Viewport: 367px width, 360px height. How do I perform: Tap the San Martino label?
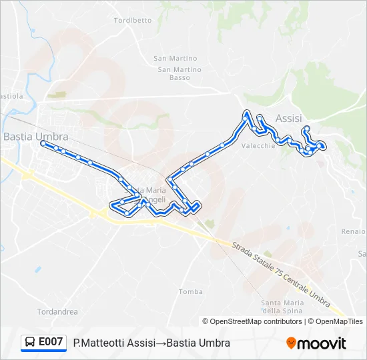pyautogui.click(x=175, y=59)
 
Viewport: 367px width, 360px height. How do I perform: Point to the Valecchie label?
pyautogui.click(x=258, y=147)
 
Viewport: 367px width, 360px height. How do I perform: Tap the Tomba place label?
pyautogui.click(x=191, y=291)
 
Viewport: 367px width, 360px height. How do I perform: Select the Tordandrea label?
pyautogui.click(x=57, y=311)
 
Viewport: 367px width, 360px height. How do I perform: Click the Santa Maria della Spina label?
pyautogui.click(x=282, y=307)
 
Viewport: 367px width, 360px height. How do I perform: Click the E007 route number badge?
pyautogui.click(x=51, y=342)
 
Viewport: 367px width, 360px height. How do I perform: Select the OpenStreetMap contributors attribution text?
pyautogui.click(x=252, y=321)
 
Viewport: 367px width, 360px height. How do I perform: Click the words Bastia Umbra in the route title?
pyautogui.click(x=198, y=343)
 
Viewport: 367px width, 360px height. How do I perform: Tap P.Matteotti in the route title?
pyautogui.click(x=100, y=343)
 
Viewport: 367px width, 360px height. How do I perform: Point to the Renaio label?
pyautogui.click(x=354, y=231)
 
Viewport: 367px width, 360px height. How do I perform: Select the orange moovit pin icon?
pyautogui.click(x=291, y=343)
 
